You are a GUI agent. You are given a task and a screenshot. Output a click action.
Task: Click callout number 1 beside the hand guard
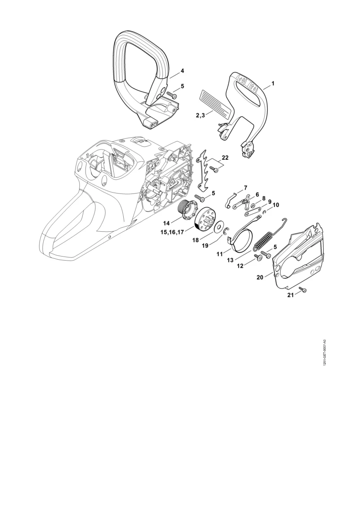(x=273, y=83)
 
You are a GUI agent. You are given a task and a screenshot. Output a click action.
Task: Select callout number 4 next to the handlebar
(x=182, y=71)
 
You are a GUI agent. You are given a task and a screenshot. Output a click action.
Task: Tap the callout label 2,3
(x=200, y=115)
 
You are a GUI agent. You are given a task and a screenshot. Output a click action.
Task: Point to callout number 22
(x=225, y=158)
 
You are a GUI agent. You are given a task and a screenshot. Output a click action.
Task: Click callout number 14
(x=166, y=223)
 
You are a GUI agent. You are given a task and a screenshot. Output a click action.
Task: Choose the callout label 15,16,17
(x=172, y=232)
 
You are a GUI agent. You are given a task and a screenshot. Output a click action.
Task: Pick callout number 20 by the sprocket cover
(x=260, y=278)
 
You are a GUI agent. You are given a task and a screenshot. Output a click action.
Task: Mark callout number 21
(x=291, y=295)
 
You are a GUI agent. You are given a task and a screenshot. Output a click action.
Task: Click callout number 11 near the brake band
(x=220, y=253)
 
